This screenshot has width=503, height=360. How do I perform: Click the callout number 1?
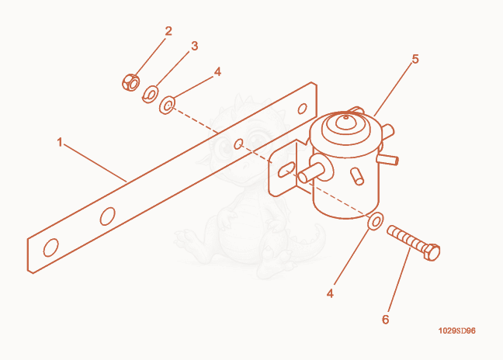point(59,142)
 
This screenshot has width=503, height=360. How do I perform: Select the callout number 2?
point(168,31)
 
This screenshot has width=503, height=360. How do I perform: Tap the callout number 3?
point(194,46)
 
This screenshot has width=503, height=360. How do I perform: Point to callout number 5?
point(415,59)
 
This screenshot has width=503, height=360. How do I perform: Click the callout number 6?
point(385,320)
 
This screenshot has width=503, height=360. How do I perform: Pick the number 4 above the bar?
point(217,72)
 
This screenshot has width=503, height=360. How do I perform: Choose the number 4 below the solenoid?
point(330,293)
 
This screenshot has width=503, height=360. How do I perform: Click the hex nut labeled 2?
point(130,82)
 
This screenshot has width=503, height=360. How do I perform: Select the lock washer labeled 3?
point(150,94)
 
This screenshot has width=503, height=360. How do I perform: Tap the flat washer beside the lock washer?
point(167,105)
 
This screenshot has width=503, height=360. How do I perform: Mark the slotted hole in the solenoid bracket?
point(286,170)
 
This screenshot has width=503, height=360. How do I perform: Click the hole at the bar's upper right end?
point(302,109)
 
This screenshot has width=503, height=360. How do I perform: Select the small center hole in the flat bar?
point(238,144)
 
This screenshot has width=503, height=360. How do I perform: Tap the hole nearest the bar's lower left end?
point(51,247)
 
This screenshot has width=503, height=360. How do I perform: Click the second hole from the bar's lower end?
point(107,216)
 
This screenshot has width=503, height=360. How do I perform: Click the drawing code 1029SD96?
point(456,331)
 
